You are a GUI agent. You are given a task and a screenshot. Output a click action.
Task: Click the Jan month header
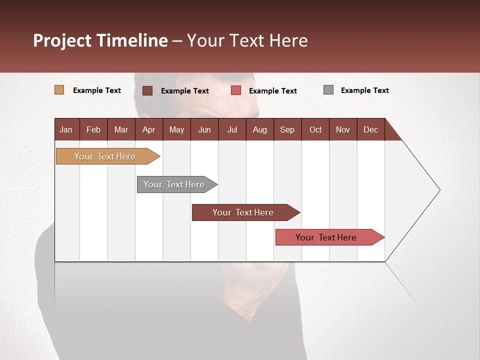66,129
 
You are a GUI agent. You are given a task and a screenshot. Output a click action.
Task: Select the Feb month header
93,129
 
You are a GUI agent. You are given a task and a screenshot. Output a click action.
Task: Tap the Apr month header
148,129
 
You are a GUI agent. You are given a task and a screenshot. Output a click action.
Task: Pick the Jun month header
204,129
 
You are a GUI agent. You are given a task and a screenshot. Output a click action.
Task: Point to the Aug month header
259,129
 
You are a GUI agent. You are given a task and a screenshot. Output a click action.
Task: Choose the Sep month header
287,129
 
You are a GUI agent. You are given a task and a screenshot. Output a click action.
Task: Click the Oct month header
315,129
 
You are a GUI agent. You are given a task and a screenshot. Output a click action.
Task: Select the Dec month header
370,129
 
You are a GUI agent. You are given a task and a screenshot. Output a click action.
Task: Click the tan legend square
59,90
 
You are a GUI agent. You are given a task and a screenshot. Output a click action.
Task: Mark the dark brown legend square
147,90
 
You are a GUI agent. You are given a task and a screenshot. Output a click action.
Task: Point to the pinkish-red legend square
236,90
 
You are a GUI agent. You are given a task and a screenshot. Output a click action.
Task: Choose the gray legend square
328,90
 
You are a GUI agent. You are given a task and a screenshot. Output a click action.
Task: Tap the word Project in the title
62,40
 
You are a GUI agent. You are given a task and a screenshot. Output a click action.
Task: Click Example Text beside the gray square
364,90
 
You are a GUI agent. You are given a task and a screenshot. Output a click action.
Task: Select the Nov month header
342,129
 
